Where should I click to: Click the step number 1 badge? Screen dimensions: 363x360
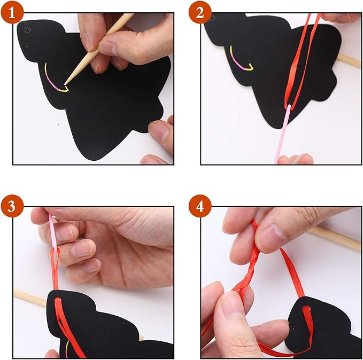12,12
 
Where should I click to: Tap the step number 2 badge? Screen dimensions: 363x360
200,12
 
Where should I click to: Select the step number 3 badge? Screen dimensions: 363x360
12,206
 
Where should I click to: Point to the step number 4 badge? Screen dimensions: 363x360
200,206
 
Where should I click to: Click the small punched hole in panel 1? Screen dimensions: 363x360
28,29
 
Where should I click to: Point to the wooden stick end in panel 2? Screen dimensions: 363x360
350,60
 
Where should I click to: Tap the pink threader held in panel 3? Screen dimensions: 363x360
52,232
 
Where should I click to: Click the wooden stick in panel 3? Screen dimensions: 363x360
29,297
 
